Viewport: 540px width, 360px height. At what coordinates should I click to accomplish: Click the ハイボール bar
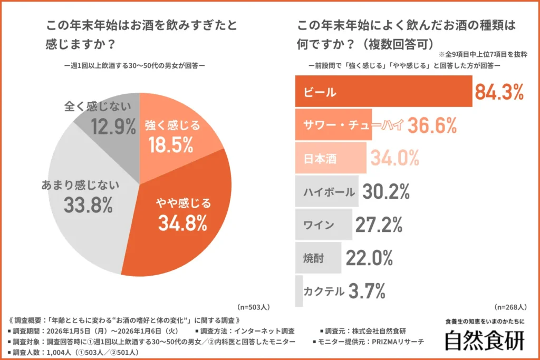327,191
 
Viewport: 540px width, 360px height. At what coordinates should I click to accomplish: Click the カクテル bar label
324,291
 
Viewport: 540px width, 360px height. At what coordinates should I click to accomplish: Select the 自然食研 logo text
485,340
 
